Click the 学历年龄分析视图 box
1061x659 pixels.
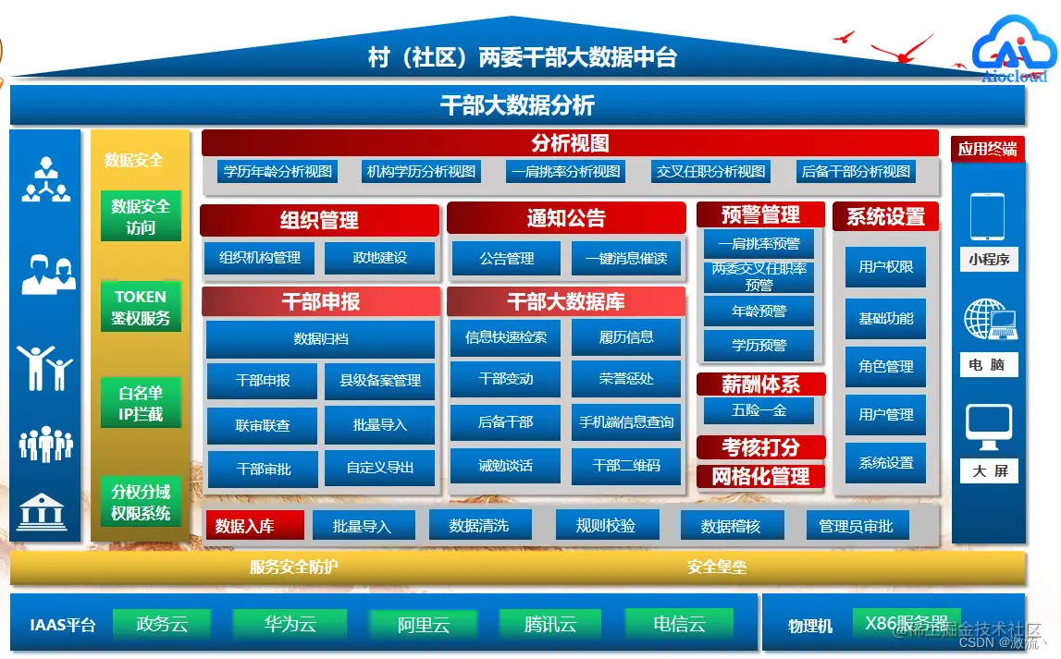click(278, 171)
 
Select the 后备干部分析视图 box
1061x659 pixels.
click(856, 171)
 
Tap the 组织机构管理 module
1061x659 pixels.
click(260, 258)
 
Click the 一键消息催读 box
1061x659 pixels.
click(626, 259)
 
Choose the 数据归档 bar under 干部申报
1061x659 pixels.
click(320, 339)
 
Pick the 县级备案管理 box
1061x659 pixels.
click(380, 380)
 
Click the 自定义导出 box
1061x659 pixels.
click(380, 468)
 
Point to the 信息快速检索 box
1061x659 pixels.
click(506, 337)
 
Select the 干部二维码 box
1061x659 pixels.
click(626, 465)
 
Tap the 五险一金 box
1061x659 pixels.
click(759, 409)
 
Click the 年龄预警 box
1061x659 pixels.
click(759, 311)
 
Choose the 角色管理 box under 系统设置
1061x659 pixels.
click(886, 366)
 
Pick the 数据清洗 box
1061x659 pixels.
click(479, 526)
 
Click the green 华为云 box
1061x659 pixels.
click(290, 624)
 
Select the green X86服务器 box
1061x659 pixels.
click(906, 623)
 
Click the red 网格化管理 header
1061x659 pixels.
click(760, 477)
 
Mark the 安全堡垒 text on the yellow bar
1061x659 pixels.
click(717, 567)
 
